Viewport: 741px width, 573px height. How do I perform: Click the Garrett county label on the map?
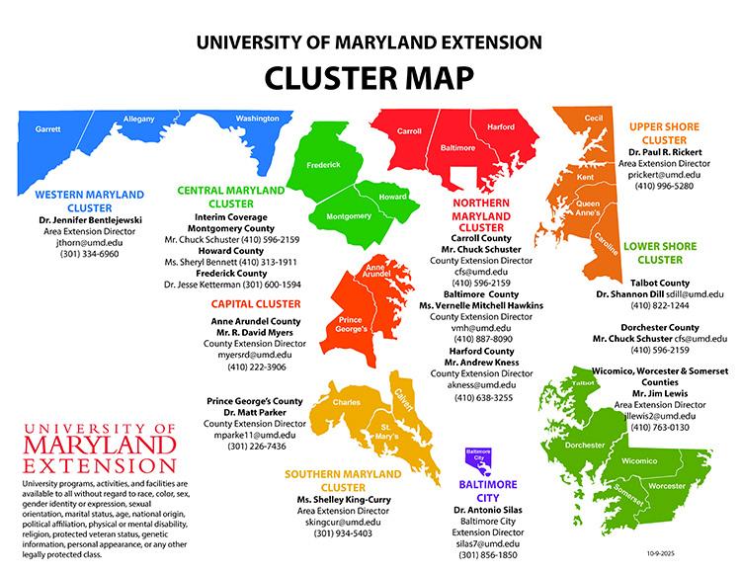tap(48, 129)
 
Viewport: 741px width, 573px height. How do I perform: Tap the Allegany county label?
tap(139, 121)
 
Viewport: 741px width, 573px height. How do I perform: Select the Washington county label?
tap(258, 120)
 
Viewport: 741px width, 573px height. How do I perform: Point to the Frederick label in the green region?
tap(323, 165)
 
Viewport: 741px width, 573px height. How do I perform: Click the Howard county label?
tap(392, 197)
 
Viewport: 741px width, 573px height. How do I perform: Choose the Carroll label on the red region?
tap(409, 130)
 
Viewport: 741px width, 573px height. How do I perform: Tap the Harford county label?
tap(501, 127)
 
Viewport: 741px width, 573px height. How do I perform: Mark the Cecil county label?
tap(594, 119)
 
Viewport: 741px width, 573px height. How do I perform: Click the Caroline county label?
tap(607, 240)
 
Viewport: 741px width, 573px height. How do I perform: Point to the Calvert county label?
tap(403, 391)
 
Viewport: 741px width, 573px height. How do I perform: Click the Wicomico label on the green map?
tap(639, 460)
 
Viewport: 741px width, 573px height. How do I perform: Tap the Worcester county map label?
tap(667, 487)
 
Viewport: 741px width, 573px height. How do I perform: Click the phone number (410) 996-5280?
tap(661, 186)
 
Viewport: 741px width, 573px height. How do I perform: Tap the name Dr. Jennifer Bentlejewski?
tap(90, 218)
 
